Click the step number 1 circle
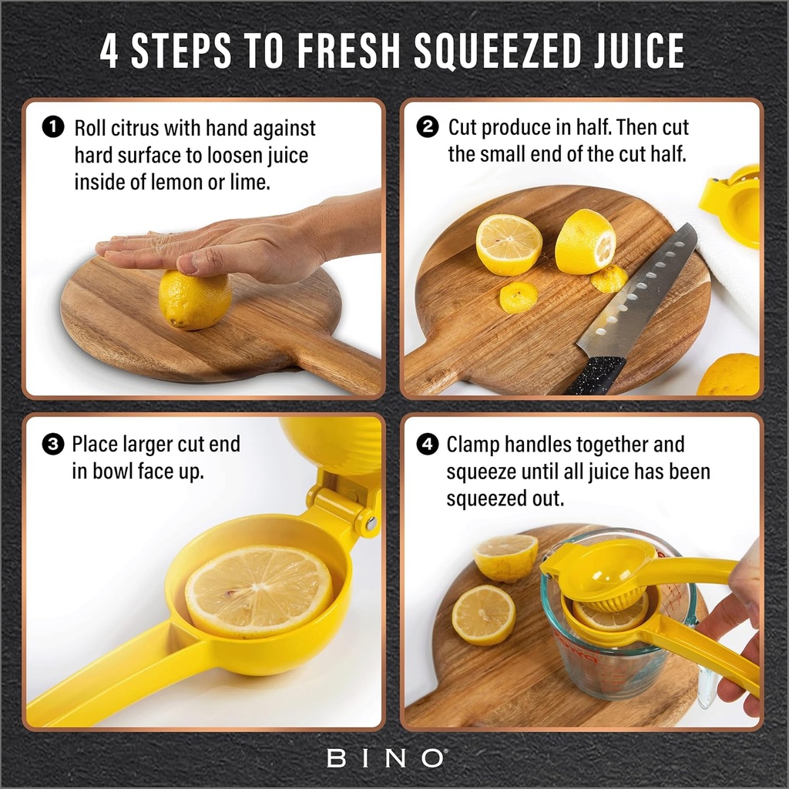click(52, 127)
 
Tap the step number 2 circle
click(427, 127)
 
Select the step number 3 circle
click(52, 445)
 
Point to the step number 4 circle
click(427, 445)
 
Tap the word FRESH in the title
click(346, 52)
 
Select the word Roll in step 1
click(90, 127)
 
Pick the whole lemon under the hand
click(195, 300)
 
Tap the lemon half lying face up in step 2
click(509, 244)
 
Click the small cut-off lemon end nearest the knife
click(609, 279)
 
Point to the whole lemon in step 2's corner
click(730, 375)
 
